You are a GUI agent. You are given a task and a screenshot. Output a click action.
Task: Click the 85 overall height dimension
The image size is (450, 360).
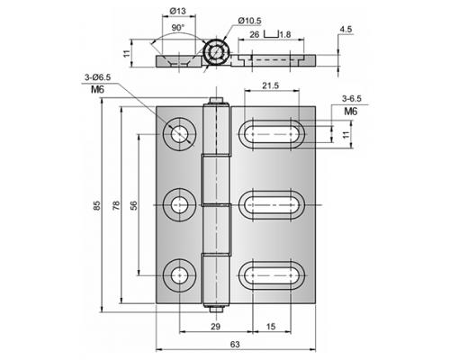click(x=96, y=205)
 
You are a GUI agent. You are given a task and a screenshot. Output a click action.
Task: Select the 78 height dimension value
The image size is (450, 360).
click(x=116, y=205)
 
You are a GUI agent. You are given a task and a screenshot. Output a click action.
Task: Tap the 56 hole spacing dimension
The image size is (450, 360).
click(x=134, y=205)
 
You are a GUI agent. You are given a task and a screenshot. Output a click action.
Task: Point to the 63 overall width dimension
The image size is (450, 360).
click(x=235, y=344)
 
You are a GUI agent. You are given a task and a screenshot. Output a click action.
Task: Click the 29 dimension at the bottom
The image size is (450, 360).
click(x=215, y=326)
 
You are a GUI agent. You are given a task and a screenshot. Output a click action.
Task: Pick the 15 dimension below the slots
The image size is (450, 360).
click(x=271, y=326)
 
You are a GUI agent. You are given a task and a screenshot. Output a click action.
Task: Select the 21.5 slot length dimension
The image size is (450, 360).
click(x=270, y=85)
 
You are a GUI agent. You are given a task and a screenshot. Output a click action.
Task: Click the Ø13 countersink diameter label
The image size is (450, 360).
click(x=177, y=11)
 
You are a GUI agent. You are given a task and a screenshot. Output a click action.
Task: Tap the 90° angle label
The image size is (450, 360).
click(x=178, y=28)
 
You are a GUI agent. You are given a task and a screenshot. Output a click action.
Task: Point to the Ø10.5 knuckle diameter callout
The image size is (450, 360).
click(x=249, y=21)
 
